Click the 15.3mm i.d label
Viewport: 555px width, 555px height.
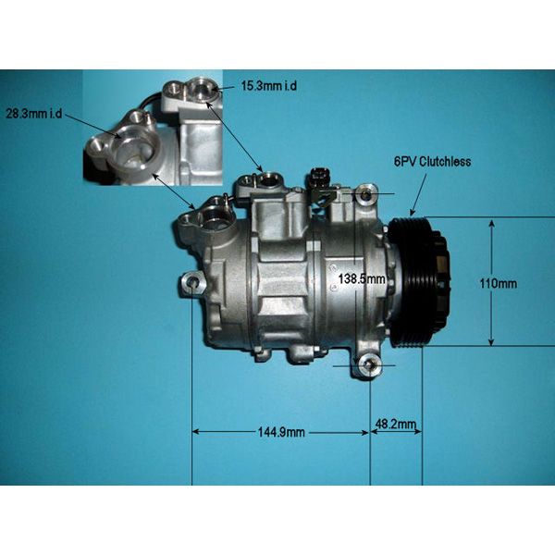[269, 86]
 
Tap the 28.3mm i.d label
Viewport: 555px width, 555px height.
[34, 114]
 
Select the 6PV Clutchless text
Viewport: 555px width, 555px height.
[433, 162]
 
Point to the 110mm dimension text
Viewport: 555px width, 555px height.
[498, 284]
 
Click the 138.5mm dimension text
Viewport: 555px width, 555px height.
[362, 279]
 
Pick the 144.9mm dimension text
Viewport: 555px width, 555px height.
[281, 432]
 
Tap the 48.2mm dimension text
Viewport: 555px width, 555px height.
[396, 424]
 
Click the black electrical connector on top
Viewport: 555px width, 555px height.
[320, 175]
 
